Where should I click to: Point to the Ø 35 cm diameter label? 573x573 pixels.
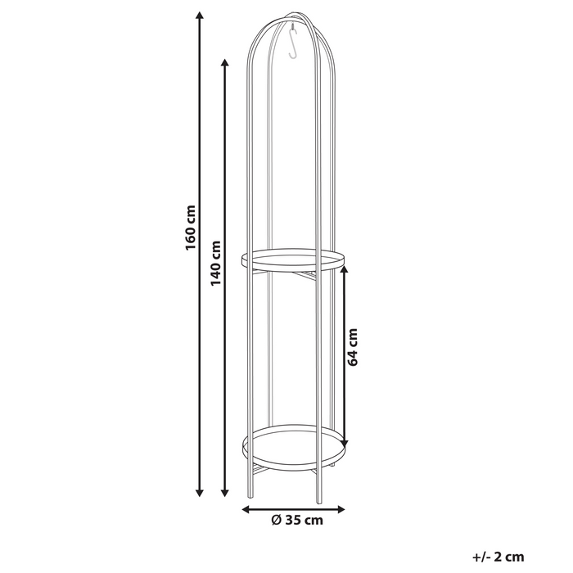coord(296,519)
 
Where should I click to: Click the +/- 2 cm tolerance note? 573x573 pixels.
coord(498,557)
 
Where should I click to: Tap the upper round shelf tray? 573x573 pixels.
coord(293,261)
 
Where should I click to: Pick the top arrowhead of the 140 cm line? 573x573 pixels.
coord(225,62)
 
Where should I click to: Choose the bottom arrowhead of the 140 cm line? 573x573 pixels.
coord(225,494)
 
